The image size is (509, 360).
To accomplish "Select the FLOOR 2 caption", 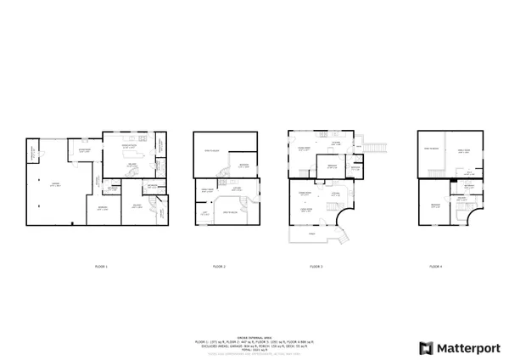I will (218, 267).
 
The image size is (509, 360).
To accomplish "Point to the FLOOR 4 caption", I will (435, 267).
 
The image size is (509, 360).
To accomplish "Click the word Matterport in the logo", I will (466, 347).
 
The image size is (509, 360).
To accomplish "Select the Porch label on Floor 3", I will (311, 232).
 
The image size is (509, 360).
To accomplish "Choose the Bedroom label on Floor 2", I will (243, 165).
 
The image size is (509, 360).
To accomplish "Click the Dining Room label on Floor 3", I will (304, 149).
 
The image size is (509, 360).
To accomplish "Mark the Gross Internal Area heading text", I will (255, 336).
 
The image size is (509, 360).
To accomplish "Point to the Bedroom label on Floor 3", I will (333, 166).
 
